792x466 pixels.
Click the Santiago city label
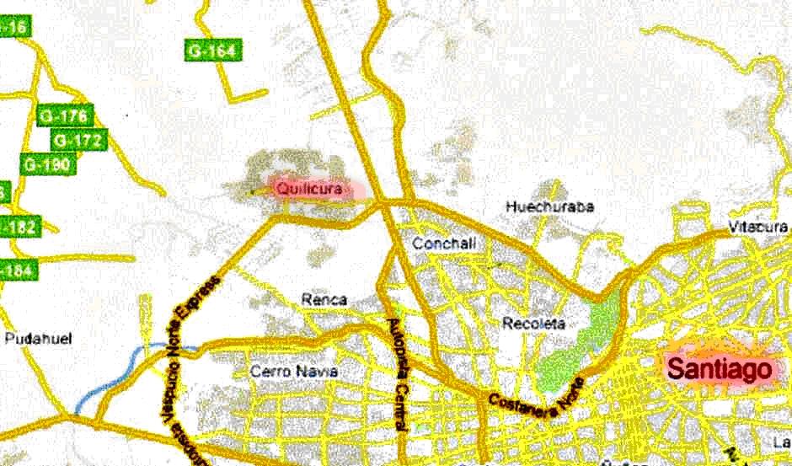pos(720,368)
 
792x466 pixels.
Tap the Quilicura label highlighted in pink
pos(309,190)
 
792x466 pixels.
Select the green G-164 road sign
pos(211,51)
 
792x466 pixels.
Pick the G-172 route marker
pos(78,140)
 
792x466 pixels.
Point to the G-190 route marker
pos(47,164)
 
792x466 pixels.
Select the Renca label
pos(324,299)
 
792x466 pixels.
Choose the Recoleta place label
pos(532,323)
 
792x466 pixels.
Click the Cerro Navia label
pos(294,372)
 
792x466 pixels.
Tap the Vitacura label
pos(758,227)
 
